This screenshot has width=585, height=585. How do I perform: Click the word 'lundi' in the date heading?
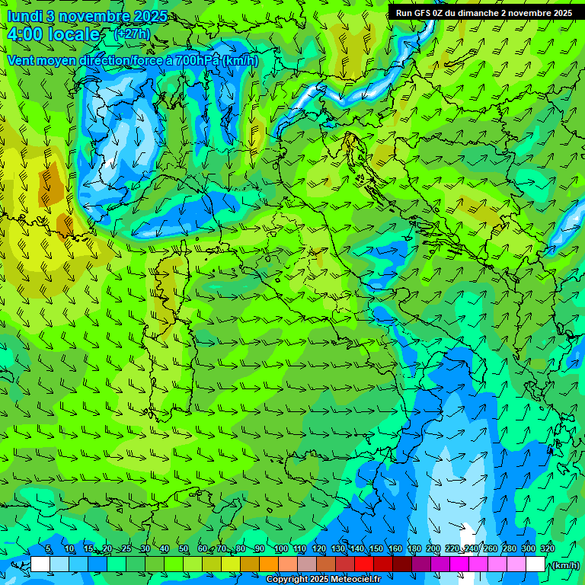(x=23, y=15)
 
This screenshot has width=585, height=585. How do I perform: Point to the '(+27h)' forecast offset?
(x=132, y=34)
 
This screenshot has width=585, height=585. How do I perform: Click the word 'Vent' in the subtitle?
(x=21, y=60)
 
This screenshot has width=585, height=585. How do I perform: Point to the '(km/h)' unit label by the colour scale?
(x=564, y=565)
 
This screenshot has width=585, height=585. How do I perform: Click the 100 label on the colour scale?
(x=280, y=549)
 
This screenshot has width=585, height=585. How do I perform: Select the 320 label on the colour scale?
(x=548, y=549)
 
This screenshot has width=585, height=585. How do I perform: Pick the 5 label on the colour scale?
(x=48, y=549)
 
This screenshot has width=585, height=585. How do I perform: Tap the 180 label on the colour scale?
(x=414, y=549)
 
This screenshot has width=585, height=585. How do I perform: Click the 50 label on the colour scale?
(x=184, y=549)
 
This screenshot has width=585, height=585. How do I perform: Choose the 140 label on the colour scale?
(x=356, y=549)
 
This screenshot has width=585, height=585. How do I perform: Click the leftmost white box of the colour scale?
(x=40, y=564)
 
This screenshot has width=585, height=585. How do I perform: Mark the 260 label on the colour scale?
(x=490, y=549)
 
